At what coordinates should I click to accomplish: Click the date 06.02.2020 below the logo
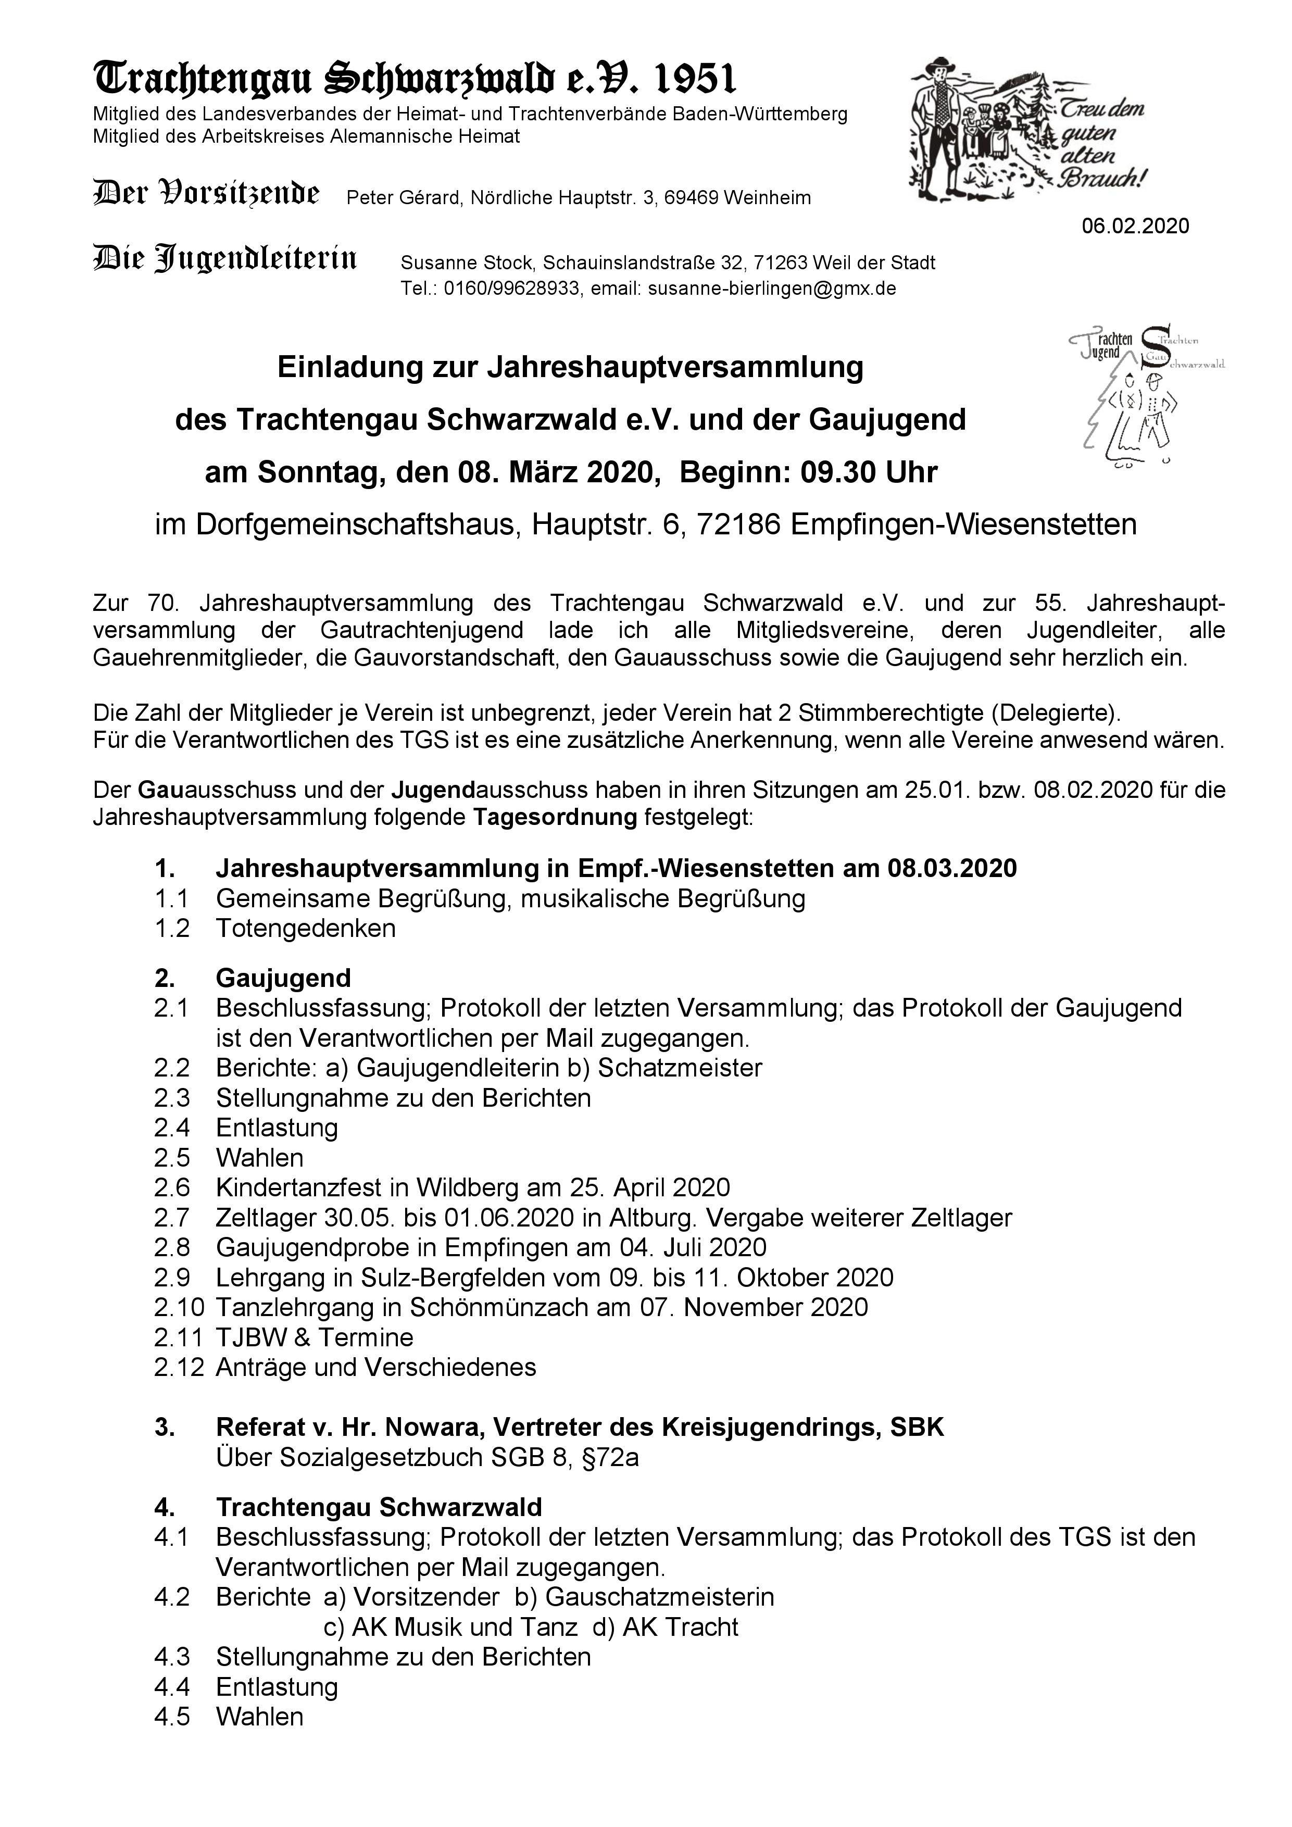point(1135,226)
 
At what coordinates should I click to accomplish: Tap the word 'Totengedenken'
point(306,928)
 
